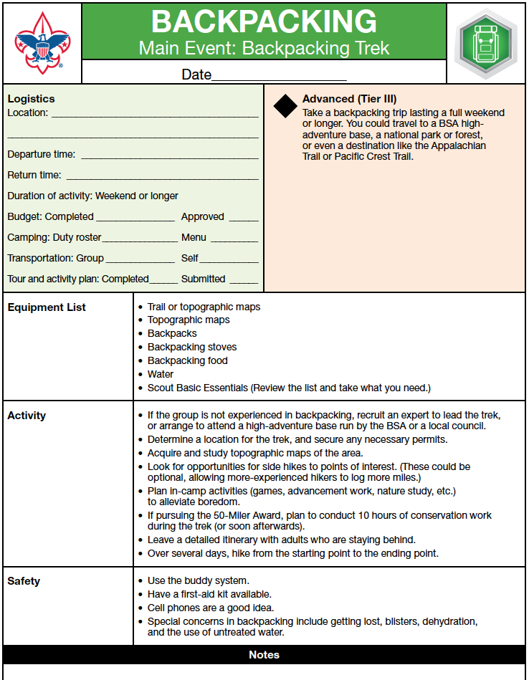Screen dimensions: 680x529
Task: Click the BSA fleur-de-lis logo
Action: (42, 43)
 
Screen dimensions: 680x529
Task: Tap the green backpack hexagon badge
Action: (485, 42)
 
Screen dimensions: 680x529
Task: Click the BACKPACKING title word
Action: (264, 22)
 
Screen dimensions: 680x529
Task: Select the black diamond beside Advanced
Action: (285, 106)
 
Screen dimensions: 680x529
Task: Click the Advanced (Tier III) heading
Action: (349, 99)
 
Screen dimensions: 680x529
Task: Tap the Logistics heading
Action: (31, 99)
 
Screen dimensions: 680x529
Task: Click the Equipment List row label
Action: (47, 307)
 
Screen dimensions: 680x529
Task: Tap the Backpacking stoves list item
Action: (192, 347)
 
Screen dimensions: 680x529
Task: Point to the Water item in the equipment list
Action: (161, 374)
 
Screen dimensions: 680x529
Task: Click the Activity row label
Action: (27, 416)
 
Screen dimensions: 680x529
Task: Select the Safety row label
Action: (24, 581)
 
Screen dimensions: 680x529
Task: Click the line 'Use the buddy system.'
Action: (198, 580)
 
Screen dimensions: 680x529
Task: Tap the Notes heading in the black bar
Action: (264, 655)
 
